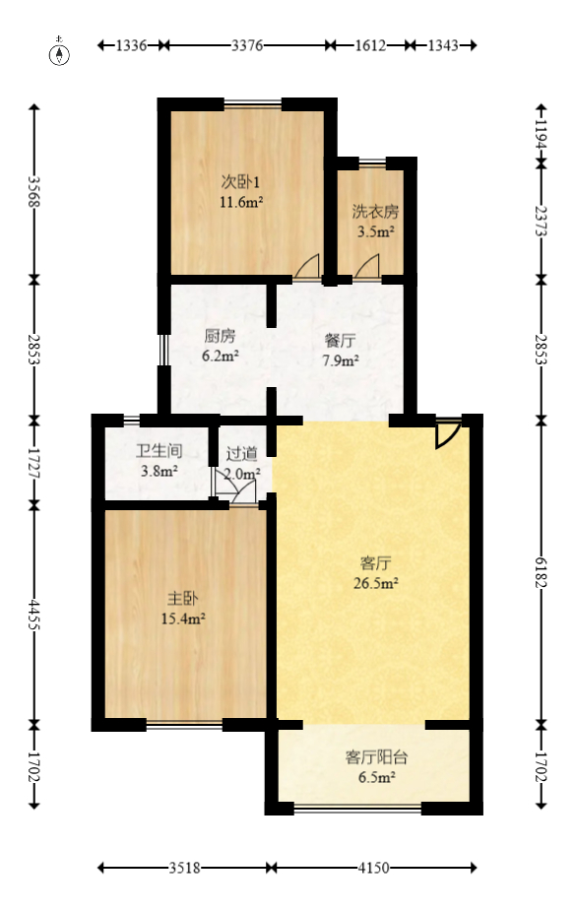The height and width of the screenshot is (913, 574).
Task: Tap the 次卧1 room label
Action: pyautogui.click(x=240, y=182)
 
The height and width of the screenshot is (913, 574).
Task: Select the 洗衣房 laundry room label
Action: pyautogui.click(x=375, y=212)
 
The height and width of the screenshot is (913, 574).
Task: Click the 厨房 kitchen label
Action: pyautogui.click(x=220, y=335)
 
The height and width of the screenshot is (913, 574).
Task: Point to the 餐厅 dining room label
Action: pyautogui.click(x=341, y=341)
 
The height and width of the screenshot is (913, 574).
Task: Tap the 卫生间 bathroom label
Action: pyautogui.click(x=159, y=452)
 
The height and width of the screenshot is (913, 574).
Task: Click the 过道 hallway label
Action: pyautogui.click(x=242, y=454)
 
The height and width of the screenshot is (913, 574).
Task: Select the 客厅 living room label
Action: pyautogui.click(x=376, y=563)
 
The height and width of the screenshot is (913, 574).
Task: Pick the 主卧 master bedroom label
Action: pyautogui.click(x=183, y=598)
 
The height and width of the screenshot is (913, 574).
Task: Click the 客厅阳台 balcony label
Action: pyautogui.click(x=376, y=757)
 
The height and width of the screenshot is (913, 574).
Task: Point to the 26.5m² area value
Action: pyautogui.click(x=376, y=583)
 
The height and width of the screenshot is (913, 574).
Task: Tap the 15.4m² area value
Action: pyautogui.click(x=183, y=619)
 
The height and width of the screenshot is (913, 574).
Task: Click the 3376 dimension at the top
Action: pyautogui.click(x=246, y=45)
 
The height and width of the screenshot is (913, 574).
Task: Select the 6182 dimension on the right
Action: pyautogui.click(x=540, y=571)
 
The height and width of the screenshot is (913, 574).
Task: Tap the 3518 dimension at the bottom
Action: pyautogui.click(x=184, y=868)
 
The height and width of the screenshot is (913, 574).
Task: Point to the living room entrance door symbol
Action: pyautogui.click(x=447, y=433)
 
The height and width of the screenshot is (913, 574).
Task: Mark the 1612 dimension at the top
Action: pyautogui.click(x=370, y=45)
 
